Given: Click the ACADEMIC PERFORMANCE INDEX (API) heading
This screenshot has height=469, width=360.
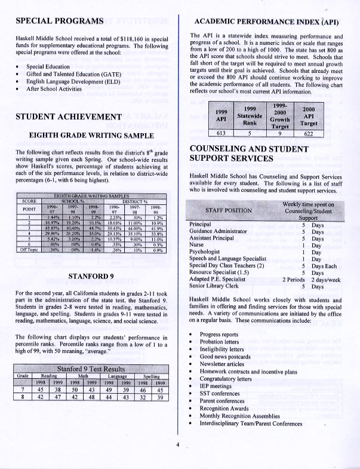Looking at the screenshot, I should pyautogui.click(x=267, y=23).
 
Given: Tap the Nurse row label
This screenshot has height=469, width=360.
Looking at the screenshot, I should pyautogui.click(x=198, y=244).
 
